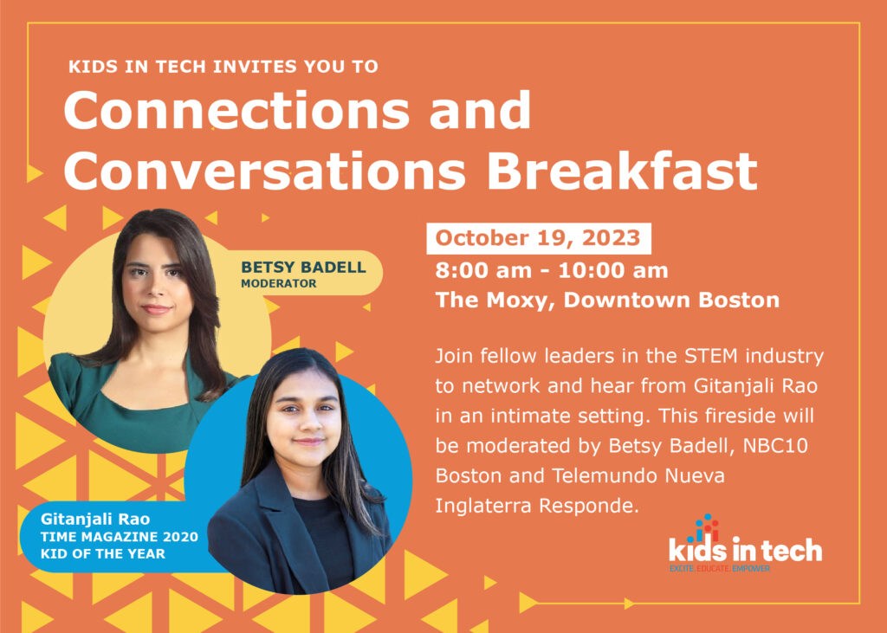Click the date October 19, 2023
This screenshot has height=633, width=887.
(538, 237)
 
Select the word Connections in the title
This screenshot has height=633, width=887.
(236, 110)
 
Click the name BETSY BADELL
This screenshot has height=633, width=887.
(303, 267)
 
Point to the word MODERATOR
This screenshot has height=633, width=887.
(279, 283)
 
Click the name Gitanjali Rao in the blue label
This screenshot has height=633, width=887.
(95, 520)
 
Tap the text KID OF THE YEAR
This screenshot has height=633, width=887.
(102, 553)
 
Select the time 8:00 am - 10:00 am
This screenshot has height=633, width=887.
(552, 270)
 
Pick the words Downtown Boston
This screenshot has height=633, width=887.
(671, 300)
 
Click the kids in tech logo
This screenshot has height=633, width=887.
(745, 542)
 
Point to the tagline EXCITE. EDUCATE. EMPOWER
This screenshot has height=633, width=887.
(720, 568)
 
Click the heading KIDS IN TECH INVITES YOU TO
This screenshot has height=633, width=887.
(223, 66)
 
